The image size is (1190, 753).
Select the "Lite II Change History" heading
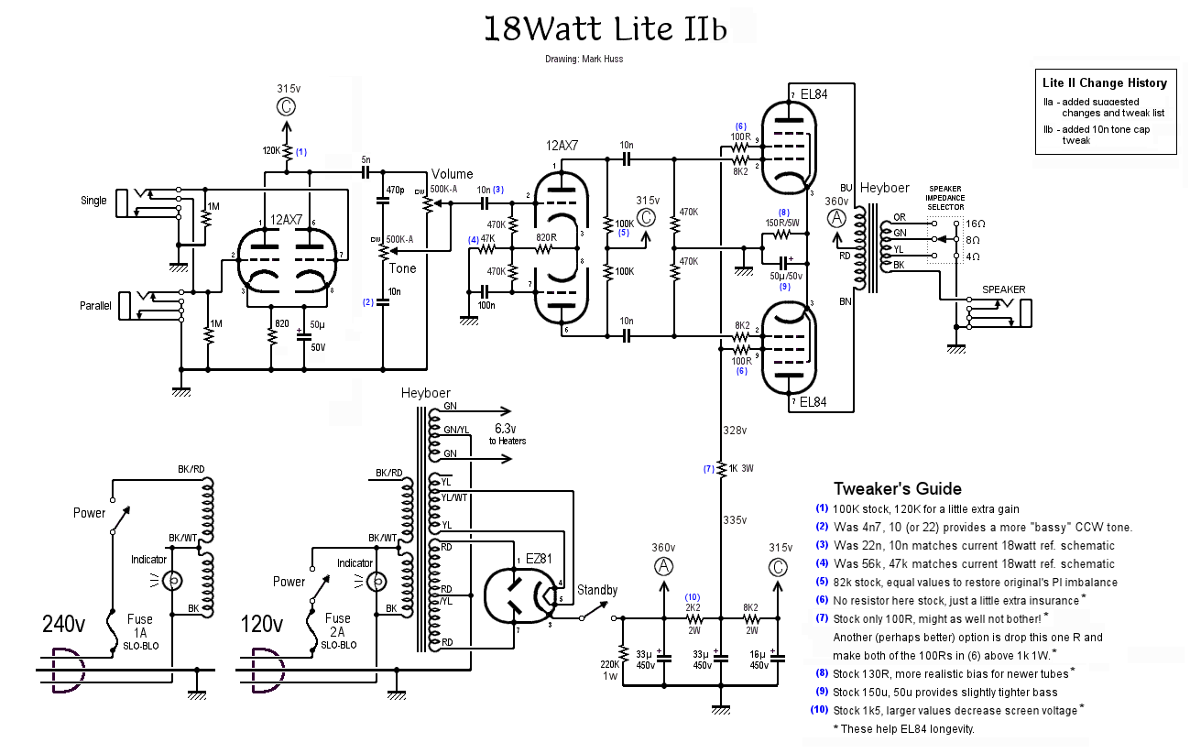coord(1105,82)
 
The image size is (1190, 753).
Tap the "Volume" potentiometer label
coord(453,174)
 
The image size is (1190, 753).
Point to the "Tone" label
coord(402,268)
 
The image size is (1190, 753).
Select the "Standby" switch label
coord(597,591)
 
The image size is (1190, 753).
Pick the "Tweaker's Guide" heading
coord(897,488)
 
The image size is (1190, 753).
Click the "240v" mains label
coord(64,625)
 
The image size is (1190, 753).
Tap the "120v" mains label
coord(262,625)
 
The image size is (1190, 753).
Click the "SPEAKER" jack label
coord(1004,289)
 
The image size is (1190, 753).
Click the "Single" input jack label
coord(93,201)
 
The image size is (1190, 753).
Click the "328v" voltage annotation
coord(735,430)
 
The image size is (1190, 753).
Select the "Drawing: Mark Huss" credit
coord(584,60)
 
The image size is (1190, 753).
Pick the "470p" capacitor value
coord(396,190)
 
